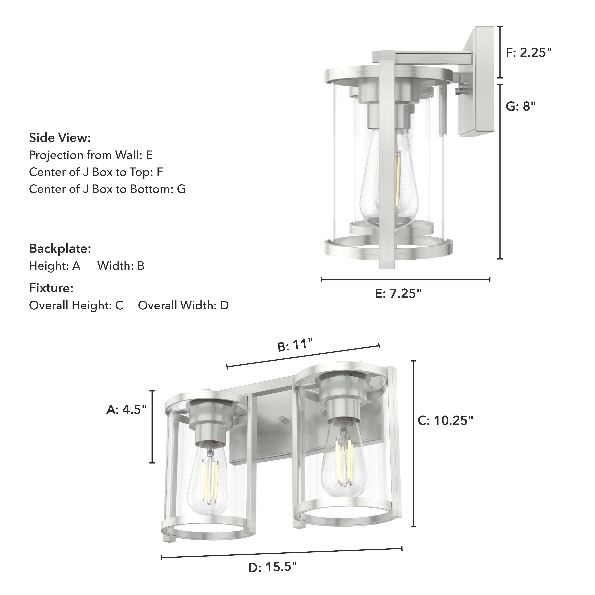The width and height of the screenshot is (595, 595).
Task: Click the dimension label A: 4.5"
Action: click(x=126, y=410)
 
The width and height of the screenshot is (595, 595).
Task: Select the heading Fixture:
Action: click(x=51, y=288)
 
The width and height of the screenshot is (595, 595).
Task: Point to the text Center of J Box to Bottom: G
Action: click(x=107, y=189)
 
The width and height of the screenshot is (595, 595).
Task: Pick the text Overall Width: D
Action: click(x=183, y=306)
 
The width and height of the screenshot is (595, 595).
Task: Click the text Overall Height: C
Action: click(x=76, y=306)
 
